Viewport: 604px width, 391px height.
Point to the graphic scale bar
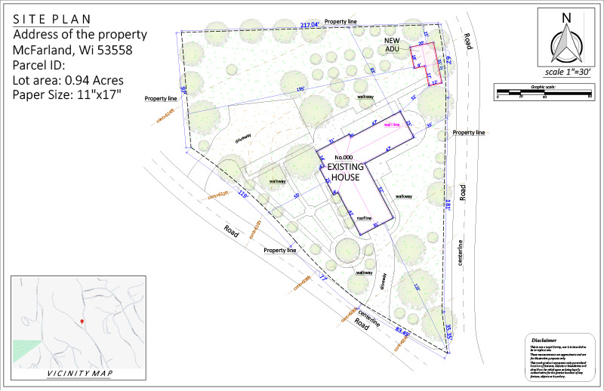point(543,93)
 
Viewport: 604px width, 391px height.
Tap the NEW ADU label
point(393,45)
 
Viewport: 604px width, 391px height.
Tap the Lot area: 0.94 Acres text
point(69,79)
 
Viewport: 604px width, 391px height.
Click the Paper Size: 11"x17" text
point(68,95)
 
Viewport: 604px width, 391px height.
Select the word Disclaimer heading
point(544,340)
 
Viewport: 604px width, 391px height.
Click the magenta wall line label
point(392,125)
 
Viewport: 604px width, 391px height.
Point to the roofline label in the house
point(365,218)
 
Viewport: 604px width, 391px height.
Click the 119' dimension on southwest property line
point(243,194)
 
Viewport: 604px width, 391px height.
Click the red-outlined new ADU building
point(427,64)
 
